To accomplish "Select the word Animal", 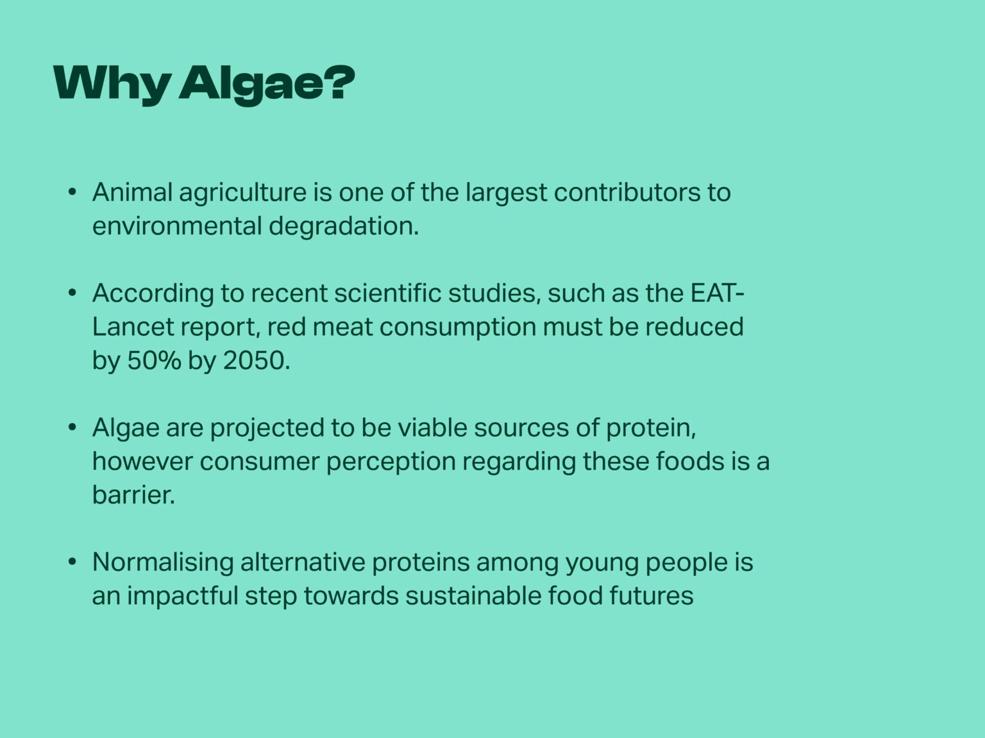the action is click(132, 192).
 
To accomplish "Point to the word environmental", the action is click(177, 226).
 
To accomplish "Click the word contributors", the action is click(627, 192).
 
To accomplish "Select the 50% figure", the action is click(154, 360).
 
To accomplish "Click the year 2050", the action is click(257, 360).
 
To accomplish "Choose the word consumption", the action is click(458, 329).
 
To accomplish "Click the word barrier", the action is click(133, 495).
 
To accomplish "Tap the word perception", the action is click(391, 463).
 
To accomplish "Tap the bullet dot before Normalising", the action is click(72, 562).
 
